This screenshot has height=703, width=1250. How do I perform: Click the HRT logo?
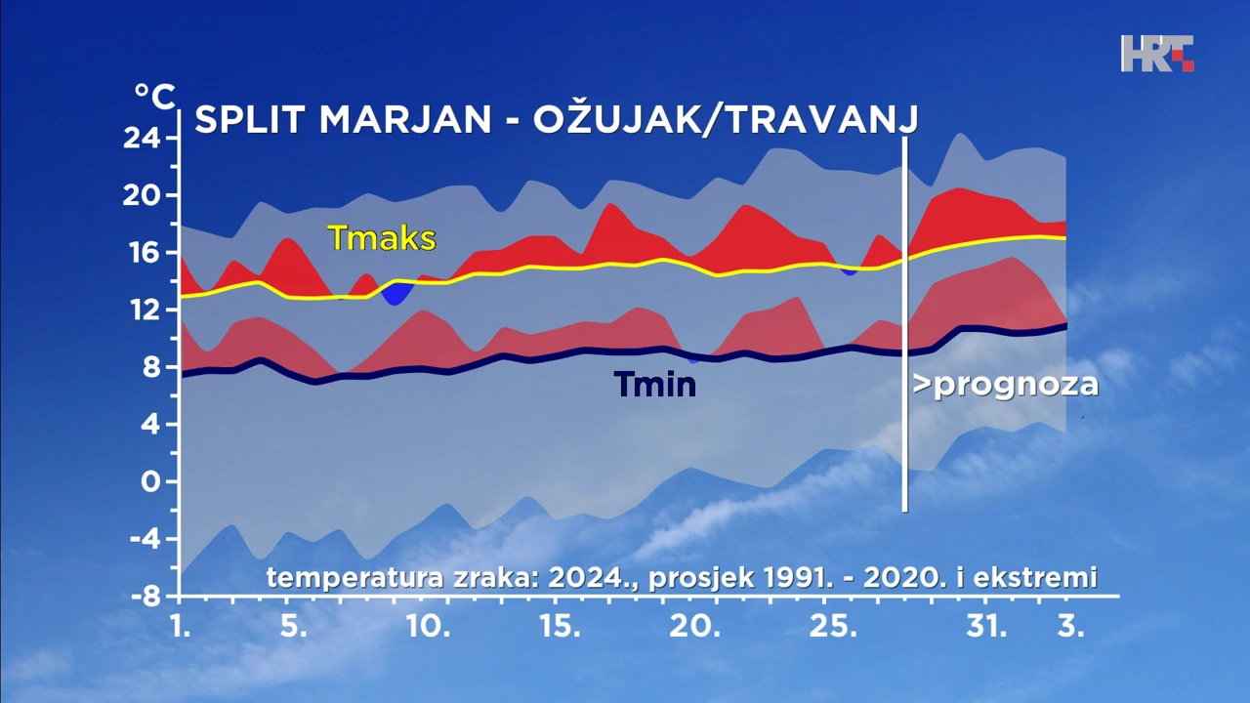point(1157,54)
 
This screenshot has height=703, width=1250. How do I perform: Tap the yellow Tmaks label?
point(382,237)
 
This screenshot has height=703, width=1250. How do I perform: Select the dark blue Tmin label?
point(655,385)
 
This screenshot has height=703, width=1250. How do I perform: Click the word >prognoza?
point(1006,385)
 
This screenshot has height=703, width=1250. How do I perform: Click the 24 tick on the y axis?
point(143,139)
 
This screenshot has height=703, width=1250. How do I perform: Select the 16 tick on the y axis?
point(143,253)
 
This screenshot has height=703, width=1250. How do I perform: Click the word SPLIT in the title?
point(251,120)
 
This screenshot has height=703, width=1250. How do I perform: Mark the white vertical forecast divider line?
point(905,322)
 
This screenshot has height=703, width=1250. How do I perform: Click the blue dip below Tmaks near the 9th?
point(396,292)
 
